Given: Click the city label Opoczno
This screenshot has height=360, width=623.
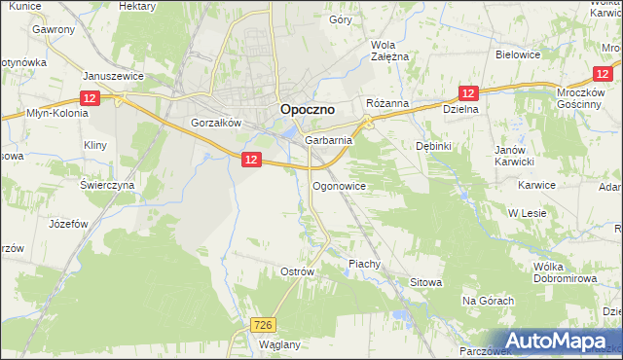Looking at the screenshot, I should coord(308,110).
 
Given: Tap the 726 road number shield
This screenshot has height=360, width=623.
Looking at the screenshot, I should coord(262,325).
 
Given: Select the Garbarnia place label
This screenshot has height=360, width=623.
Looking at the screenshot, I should coord(328,140).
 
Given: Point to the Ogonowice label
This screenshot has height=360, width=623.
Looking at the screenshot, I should coord(338,185).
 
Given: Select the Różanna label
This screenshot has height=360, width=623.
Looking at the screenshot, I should coord(386,103).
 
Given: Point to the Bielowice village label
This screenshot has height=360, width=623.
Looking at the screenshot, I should coord(518,54).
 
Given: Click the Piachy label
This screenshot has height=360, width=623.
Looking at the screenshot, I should coord(363,264).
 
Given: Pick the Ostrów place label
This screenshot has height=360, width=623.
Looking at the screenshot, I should coord(297,271).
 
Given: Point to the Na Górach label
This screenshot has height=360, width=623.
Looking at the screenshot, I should coord(488,301).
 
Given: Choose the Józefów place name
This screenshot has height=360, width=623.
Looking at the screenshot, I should coord(68,223).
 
